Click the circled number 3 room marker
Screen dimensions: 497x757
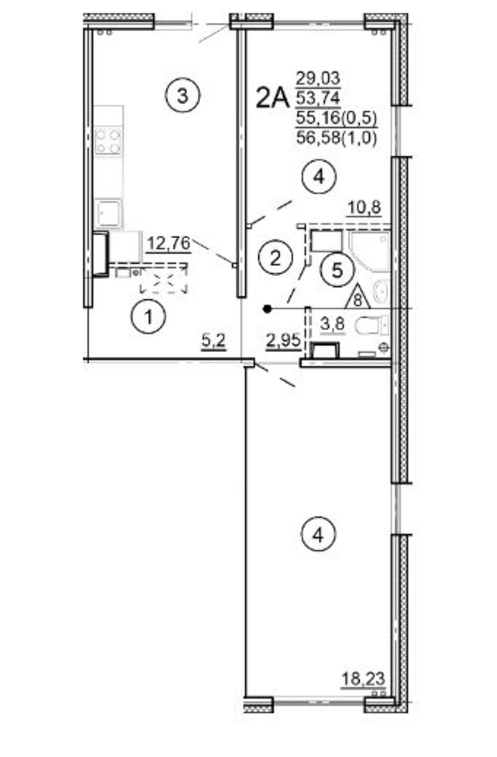click(183, 96)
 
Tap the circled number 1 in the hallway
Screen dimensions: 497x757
click(149, 316)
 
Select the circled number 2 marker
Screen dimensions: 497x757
click(276, 259)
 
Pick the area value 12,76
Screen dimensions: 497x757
click(168, 244)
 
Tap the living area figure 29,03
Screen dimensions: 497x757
click(318, 78)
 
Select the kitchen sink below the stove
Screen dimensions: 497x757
click(109, 214)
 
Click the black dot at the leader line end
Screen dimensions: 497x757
click(267, 309)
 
